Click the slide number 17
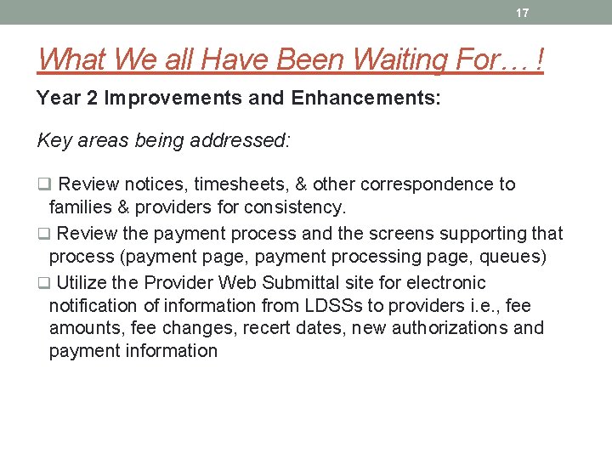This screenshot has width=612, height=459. (522, 13)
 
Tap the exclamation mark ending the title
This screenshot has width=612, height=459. (539, 59)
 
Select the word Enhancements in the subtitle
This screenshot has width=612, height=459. (365, 99)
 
